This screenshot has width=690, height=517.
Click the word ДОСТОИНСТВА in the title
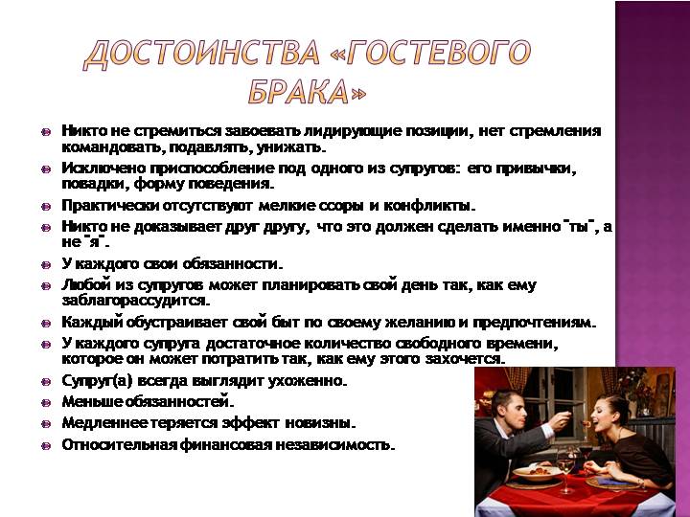tap(201, 55)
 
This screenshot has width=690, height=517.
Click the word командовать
tap(113, 147)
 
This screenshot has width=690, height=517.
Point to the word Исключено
tap(103, 169)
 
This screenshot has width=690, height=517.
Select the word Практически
tap(110, 206)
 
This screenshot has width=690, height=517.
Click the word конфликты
tap(430, 206)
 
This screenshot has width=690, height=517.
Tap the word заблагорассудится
tap(136, 301)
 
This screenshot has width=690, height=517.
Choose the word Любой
tap(85, 285)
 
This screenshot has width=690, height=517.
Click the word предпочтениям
tap(534, 323)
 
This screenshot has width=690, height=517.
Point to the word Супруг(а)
tap(97, 381)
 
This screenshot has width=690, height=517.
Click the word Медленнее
tap(104, 423)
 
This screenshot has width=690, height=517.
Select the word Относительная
tap(119, 444)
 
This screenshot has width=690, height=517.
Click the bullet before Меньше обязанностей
tap(46, 403)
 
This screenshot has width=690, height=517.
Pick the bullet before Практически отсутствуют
tap(46, 207)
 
